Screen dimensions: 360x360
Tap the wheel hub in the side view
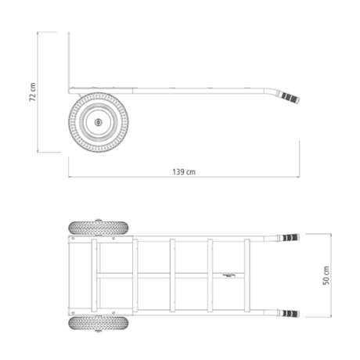click(98, 122)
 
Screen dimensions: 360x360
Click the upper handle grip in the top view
click(290, 237)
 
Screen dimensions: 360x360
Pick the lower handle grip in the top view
click(290, 313)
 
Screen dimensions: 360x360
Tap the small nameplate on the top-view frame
click(232, 275)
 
